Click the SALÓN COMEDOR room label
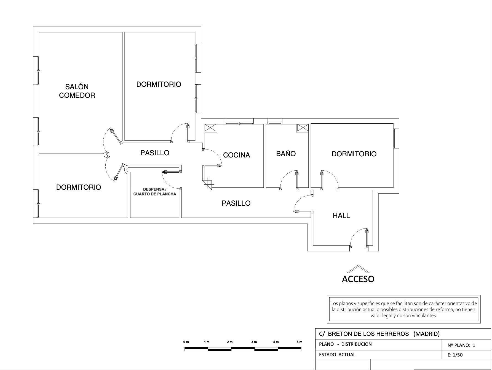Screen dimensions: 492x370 click(x=77, y=91)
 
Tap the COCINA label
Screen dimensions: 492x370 click(x=236, y=155)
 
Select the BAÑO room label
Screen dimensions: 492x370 click(x=286, y=153)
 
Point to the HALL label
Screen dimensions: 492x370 click(x=341, y=216)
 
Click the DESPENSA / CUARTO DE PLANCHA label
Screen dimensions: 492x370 click(x=155, y=192)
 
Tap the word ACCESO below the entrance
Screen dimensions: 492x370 click(x=358, y=279)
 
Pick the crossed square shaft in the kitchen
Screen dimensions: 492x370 click(x=211, y=128)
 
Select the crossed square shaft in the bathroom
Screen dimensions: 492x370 click(x=303, y=128)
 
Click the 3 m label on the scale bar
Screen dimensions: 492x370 click(x=254, y=342)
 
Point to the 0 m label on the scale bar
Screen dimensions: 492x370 click(x=186, y=342)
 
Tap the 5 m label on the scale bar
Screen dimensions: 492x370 click(x=300, y=342)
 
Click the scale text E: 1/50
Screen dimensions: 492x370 click(x=455, y=355)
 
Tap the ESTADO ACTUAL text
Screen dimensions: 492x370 click(x=337, y=355)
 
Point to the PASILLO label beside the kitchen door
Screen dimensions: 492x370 click(x=155, y=153)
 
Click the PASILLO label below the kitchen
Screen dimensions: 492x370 click(x=236, y=203)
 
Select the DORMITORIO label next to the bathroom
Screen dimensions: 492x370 click(x=354, y=154)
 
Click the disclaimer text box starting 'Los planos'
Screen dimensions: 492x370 click(x=404, y=309)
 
